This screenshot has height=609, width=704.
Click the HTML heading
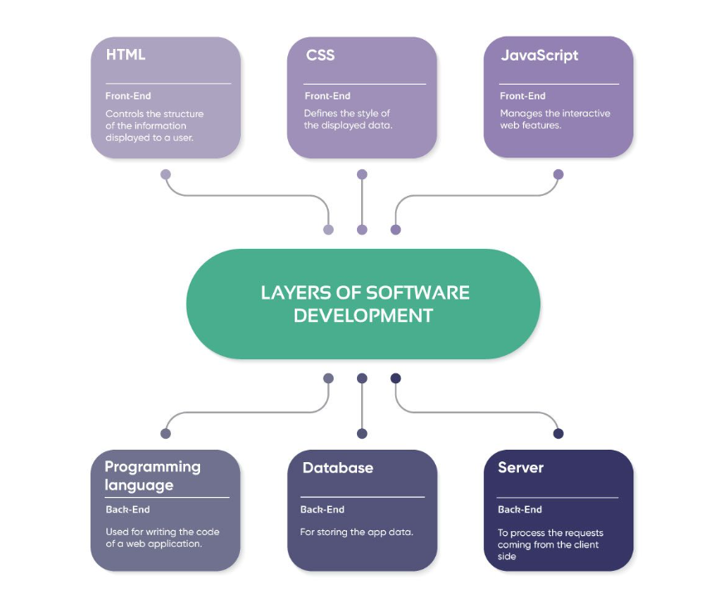(125, 56)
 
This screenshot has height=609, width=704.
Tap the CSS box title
(320, 56)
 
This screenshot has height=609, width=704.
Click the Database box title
(337, 468)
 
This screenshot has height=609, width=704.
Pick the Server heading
(521, 468)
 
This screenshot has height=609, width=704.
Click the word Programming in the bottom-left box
(153, 467)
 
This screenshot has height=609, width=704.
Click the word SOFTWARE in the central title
(418, 293)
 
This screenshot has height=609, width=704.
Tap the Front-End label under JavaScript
(522, 96)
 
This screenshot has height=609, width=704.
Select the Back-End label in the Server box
(520, 509)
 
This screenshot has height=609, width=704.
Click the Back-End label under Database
(322, 509)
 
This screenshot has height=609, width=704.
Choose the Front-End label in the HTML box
(128, 96)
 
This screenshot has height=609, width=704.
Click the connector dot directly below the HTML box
(166, 175)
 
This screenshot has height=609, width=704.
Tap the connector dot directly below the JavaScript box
(558, 175)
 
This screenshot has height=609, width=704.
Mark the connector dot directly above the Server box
(558, 433)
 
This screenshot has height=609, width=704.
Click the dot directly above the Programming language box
(166, 433)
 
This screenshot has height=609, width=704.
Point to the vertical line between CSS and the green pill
(362, 202)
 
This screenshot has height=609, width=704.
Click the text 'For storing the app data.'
(356, 532)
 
